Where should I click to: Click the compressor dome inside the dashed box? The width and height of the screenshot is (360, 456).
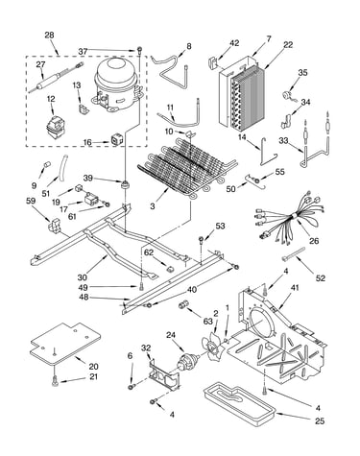116,84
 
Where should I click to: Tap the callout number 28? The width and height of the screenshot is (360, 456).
49,35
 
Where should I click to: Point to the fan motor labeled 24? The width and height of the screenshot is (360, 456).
186,361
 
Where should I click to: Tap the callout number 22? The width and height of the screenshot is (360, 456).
288,45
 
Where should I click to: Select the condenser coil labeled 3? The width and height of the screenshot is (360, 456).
188,169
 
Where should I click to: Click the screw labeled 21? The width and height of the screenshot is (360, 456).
55,380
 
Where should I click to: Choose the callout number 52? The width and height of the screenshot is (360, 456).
320,278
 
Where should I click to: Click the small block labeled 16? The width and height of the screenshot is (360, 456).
116,140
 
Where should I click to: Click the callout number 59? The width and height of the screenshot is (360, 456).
32,202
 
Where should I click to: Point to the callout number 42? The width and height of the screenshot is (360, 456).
234,43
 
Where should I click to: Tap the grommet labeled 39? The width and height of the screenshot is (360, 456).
124,184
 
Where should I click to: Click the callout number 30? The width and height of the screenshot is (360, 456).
83,277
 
